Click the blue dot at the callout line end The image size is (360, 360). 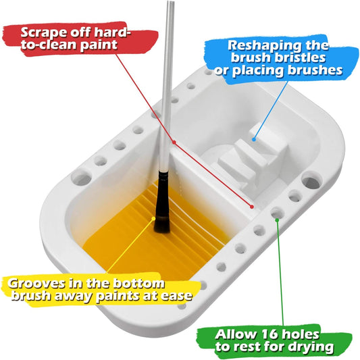tap(254, 140)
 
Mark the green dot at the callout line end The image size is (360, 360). tap(277, 218)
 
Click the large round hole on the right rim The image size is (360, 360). tap(311, 182)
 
